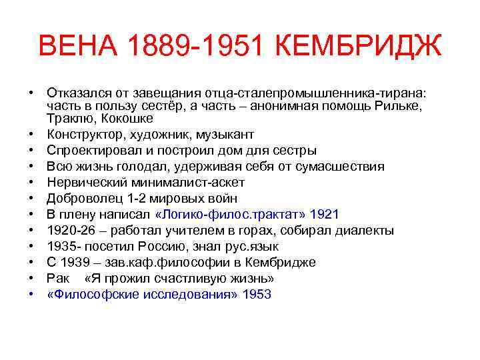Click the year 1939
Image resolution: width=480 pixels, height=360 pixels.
click(76, 262)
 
